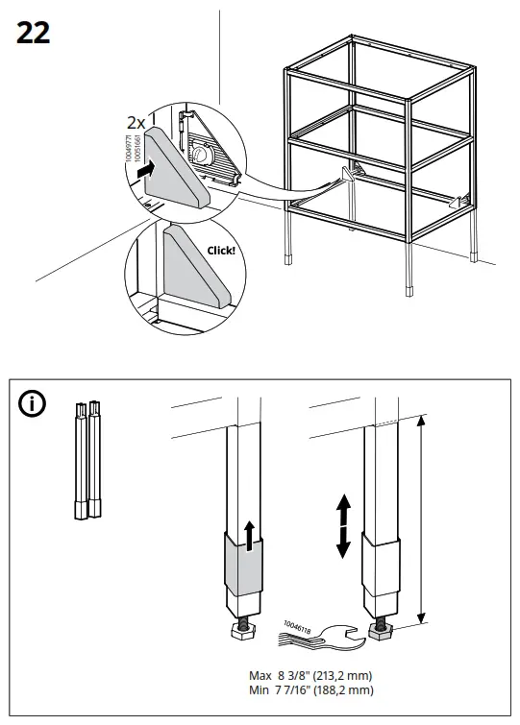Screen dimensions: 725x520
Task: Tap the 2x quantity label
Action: pyautogui.click(x=136, y=124)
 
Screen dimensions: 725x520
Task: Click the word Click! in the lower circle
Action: pyautogui.click(x=220, y=251)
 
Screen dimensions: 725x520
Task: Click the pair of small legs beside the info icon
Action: pyautogui.click(x=87, y=459)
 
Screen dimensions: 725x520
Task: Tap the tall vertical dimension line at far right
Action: pyautogui.click(x=420, y=519)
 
